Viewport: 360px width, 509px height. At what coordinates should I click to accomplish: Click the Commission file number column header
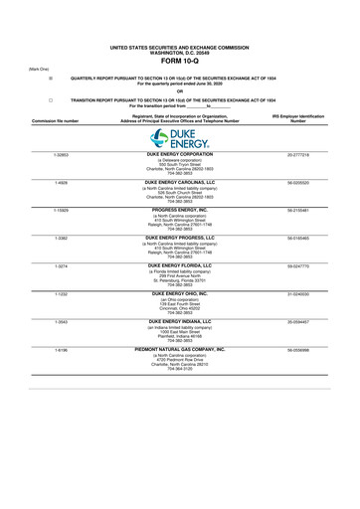tap(55, 120)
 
